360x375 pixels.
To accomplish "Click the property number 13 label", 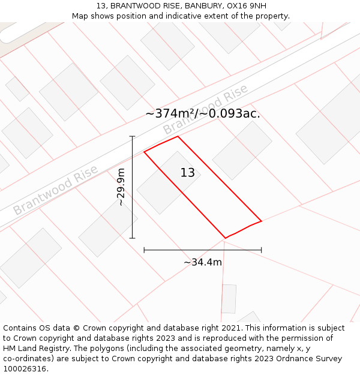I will tap(188, 173).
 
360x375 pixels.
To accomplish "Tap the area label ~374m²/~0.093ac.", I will tap(203, 113).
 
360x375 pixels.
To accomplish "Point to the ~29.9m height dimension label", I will tap(121, 187).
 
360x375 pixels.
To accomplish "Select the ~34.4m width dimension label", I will tap(203, 262).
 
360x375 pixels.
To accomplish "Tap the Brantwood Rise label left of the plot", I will tap(56, 190).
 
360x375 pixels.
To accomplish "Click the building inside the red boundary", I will tap(168, 183).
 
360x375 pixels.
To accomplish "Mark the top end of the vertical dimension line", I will tap(133, 137).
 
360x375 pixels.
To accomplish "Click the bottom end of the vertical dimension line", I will tap(133, 238).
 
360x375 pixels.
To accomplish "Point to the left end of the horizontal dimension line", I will tap(144, 250).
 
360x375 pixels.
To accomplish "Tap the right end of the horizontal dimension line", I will tap(262, 250).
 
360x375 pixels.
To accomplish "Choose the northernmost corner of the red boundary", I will tap(178, 136).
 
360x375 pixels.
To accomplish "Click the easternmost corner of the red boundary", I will tap(262, 221).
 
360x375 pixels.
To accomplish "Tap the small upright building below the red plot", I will tap(229, 299).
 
